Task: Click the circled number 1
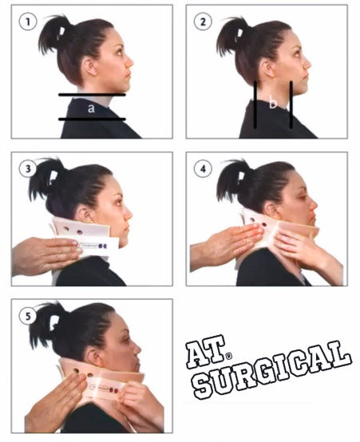pyautogui.click(x=29, y=22)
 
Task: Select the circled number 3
pyautogui.click(x=29, y=169)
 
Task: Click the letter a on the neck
pyautogui.click(x=91, y=108)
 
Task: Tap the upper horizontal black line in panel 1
pyautogui.click(x=91, y=95)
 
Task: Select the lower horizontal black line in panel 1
pyautogui.click(x=91, y=120)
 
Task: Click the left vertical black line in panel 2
pyautogui.click(x=255, y=105)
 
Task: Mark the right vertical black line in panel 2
pyautogui.click(x=291, y=104)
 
